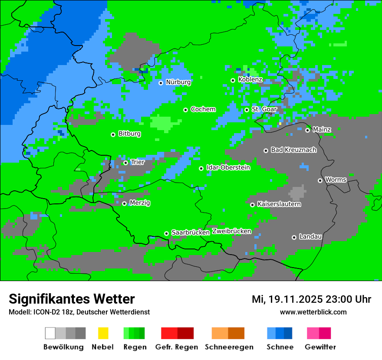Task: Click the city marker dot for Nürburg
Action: tap(161, 83)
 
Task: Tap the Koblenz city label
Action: tap(250, 80)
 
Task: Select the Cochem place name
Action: tap(203, 109)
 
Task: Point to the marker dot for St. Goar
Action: tap(247, 110)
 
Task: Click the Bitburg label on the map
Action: tap(129, 134)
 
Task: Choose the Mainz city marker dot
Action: tap(307, 130)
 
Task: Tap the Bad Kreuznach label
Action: tap(293, 150)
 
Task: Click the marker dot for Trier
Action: tap(125, 163)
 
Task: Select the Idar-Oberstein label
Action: tap(228, 168)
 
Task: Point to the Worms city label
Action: tap(336, 180)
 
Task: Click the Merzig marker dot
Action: tap(124, 203)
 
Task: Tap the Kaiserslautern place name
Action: tap(279, 204)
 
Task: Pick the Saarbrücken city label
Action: tap(191, 232)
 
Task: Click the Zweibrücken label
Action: tap(231, 231)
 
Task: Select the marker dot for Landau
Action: tap(294, 237)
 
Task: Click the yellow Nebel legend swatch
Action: tap(103, 333)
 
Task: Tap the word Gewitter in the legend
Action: tap(320, 347)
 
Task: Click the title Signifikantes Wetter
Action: tap(72, 299)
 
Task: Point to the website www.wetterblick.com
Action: tap(313, 312)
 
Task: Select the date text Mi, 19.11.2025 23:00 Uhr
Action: tap(311, 299)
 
